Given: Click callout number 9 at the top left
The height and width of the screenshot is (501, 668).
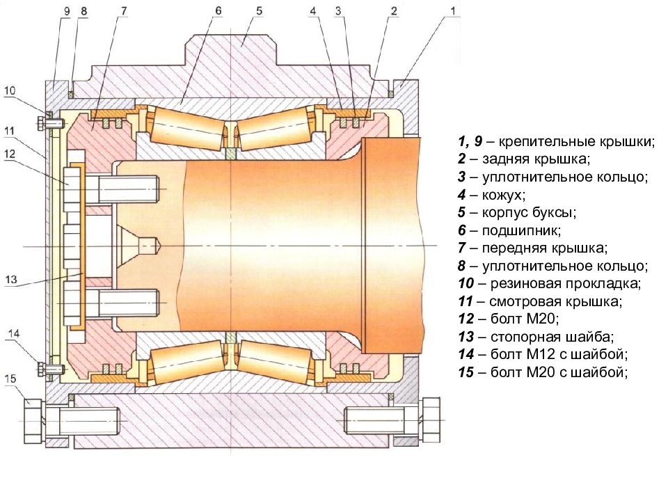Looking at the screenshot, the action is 66,11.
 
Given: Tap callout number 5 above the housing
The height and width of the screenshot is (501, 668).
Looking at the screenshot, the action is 260,10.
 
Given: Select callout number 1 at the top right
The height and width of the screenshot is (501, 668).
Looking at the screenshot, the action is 453,10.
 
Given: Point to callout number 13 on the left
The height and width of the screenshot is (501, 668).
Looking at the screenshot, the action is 11,280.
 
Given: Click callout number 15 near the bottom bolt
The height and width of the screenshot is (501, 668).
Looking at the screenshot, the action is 10,379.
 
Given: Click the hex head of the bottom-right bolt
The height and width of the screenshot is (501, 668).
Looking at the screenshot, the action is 431,420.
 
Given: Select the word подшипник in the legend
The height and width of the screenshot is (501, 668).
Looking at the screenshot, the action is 521,230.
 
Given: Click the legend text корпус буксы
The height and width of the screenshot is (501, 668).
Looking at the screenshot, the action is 529,212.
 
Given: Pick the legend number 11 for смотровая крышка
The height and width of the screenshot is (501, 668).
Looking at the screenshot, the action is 466,301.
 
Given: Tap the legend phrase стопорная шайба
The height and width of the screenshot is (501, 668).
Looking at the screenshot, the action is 552,337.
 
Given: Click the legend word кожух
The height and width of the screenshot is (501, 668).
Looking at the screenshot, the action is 504,195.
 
